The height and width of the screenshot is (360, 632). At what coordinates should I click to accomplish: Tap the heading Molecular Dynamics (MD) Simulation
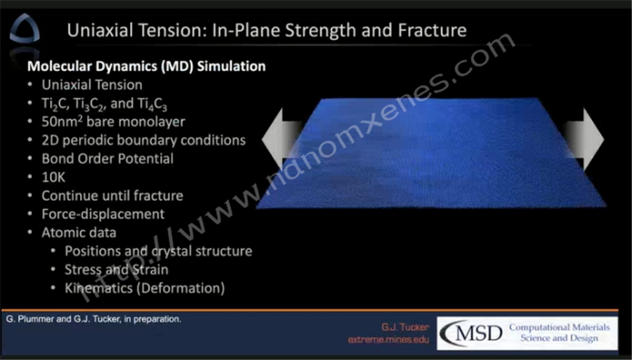click(146, 66)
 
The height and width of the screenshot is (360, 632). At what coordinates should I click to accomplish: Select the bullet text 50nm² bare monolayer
click(113, 121)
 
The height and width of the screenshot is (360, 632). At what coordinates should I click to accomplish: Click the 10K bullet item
click(53, 177)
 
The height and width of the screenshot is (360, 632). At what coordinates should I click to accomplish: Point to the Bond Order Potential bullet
click(107, 159)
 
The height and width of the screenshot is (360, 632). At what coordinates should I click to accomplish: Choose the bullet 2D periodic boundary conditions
click(143, 140)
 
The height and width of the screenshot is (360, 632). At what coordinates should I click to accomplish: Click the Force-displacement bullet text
click(103, 214)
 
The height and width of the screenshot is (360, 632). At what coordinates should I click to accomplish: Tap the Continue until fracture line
click(112, 196)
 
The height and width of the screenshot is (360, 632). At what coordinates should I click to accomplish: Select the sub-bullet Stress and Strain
click(117, 269)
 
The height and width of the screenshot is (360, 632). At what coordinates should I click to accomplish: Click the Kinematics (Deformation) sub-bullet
click(145, 288)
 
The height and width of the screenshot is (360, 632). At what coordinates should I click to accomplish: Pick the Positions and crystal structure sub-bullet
click(159, 251)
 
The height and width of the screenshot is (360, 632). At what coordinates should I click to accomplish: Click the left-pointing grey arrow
click(282, 140)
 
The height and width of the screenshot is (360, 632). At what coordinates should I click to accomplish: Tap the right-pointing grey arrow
click(584, 140)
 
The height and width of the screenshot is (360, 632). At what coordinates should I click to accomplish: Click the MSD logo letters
click(472, 333)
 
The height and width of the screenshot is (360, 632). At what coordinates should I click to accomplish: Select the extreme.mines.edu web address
click(388, 340)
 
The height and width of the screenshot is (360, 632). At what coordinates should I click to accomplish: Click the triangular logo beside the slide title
click(25, 28)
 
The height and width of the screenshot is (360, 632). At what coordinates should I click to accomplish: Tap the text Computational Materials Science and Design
click(559, 332)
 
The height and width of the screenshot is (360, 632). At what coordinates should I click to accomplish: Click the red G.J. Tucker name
click(405, 326)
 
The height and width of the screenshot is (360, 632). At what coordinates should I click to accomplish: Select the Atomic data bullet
click(79, 232)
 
